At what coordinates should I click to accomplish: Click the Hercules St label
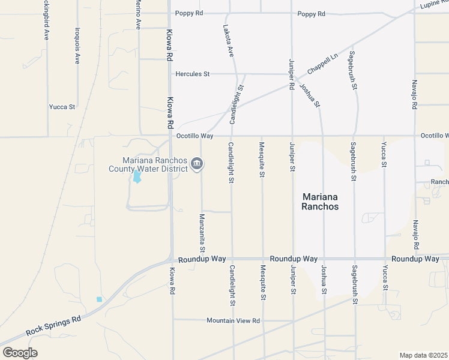tap(192, 74)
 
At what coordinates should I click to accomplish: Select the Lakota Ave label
tap(229, 40)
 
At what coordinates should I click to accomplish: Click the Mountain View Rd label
tap(233, 320)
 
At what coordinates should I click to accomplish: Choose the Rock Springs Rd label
tap(53, 326)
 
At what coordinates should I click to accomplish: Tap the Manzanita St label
tap(202, 233)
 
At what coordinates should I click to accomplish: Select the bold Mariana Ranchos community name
tap(321, 202)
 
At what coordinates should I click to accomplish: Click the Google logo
tap(20, 353)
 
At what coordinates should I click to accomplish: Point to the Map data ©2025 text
tap(423, 355)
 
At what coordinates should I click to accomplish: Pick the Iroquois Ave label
tap(77, 46)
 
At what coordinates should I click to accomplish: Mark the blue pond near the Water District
tap(137, 177)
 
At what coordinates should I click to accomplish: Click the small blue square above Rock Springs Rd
tap(99, 299)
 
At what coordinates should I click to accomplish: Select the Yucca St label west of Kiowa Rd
tap(62, 107)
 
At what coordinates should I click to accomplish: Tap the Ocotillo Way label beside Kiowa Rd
tap(194, 136)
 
